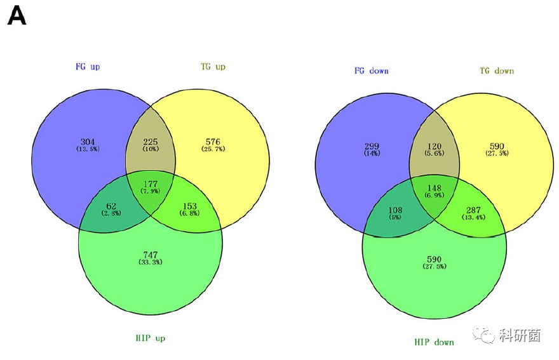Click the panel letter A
pyautogui.click(x=17, y=17)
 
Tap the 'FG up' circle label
pyautogui.click(x=87, y=66)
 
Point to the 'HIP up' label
pyautogui.click(x=150, y=338)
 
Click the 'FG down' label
pyautogui.click(x=371, y=70)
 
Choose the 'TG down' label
pyautogui.click(x=496, y=70)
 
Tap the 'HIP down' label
pyautogui.click(x=434, y=342)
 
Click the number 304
pyautogui.click(x=88, y=141)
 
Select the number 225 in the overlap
pyautogui.click(x=151, y=141)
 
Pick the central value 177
pyautogui.click(x=151, y=184)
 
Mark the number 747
pyautogui.click(x=151, y=255)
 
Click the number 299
pyautogui.click(x=372, y=145)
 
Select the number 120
pyautogui.click(x=434, y=145)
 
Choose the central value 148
pyautogui.click(x=434, y=188)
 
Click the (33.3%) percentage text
pyautogui.click(x=151, y=262)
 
